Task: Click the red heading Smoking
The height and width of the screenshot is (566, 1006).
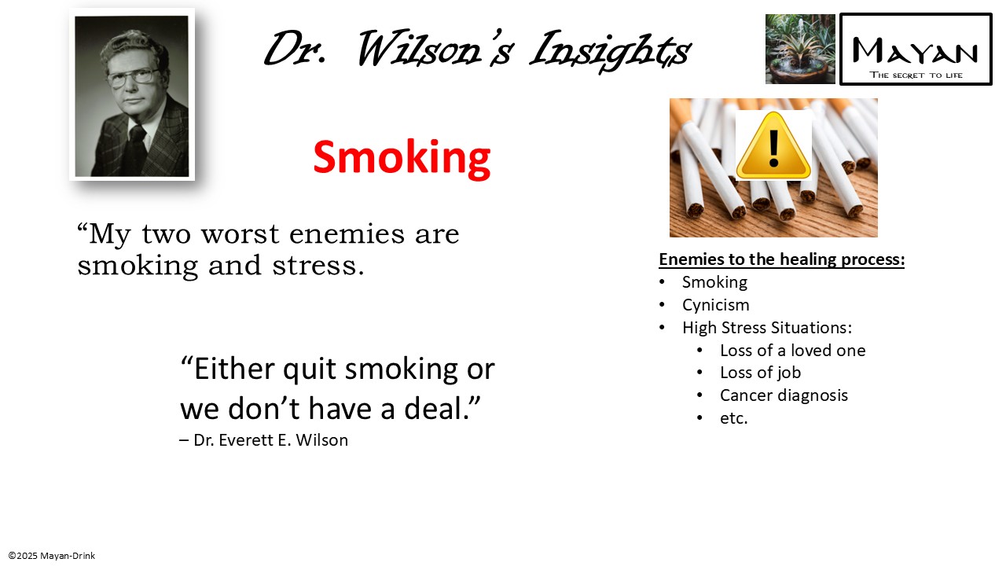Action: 402,157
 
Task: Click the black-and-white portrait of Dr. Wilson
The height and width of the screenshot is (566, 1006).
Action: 132,95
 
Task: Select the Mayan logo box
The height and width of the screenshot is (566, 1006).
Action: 916,49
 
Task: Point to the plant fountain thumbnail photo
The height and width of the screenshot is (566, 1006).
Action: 800,49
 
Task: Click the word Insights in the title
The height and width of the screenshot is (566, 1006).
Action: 610,50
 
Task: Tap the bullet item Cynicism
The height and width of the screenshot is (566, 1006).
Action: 715,305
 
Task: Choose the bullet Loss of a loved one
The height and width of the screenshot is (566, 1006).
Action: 792,351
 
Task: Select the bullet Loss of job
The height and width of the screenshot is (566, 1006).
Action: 760,373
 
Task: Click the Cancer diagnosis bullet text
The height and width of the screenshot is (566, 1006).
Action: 784,395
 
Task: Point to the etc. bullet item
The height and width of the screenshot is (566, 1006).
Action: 733,418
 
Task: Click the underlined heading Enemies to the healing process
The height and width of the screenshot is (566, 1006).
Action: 781,259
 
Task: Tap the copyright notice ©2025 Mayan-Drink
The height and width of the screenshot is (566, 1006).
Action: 52,556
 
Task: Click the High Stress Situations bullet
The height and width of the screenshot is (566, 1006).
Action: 766,328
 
